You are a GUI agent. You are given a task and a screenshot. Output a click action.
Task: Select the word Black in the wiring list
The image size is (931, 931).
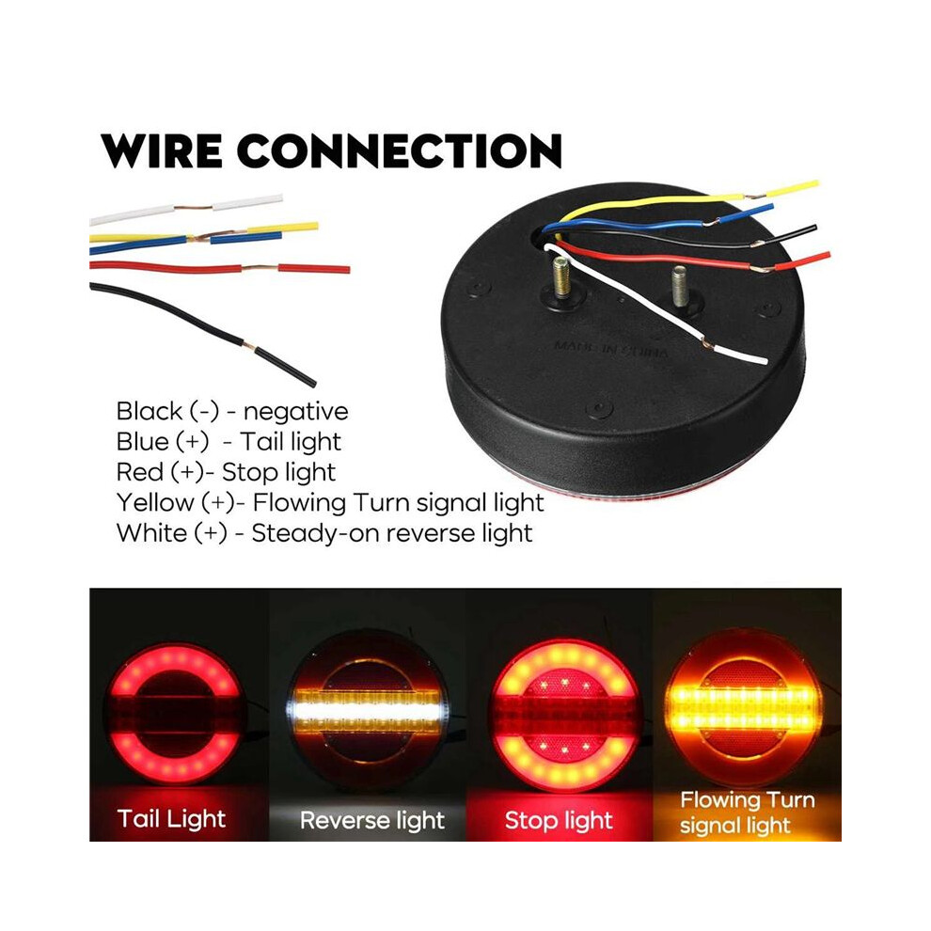150,411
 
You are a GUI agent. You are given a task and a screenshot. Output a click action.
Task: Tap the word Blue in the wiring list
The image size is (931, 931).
143,441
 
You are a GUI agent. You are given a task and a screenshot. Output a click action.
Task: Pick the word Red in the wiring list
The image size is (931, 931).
139,472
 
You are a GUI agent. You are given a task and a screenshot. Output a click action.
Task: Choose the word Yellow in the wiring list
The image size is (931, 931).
155,503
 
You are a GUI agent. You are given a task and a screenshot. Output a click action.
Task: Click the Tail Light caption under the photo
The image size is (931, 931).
171,819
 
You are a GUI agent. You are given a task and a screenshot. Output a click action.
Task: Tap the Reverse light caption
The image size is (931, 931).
372,821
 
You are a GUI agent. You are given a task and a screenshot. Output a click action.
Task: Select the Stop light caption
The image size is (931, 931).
559,821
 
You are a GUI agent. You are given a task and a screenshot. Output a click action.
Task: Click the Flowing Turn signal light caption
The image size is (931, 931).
747,813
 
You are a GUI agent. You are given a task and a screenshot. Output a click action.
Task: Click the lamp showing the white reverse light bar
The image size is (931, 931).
368,710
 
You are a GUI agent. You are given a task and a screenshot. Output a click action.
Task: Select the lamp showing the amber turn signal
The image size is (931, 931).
743,708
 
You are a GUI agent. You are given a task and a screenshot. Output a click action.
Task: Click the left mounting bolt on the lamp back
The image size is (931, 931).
561,277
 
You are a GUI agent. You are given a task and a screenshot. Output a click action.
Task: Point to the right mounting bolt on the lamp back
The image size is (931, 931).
681,286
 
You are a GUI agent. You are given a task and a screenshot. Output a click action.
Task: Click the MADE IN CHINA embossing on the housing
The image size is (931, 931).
611,349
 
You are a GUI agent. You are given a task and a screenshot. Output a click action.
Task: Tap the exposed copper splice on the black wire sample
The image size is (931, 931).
249,346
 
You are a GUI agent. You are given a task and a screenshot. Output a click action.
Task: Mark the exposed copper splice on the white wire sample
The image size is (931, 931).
193,207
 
